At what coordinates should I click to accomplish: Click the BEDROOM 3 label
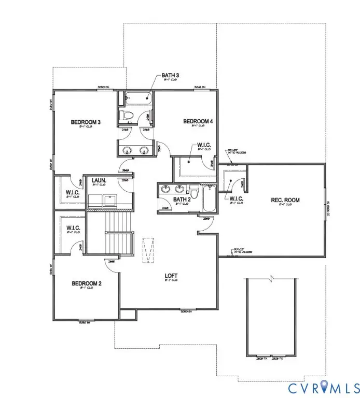pyautogui.click(x=86, y=122)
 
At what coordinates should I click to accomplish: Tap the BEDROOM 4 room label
pyautogui.click(x=198, y=121)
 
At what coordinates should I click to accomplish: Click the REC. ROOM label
pyautogui.click(x=285, y=200)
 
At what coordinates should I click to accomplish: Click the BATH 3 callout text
pyautogui.click(x=171, y=76)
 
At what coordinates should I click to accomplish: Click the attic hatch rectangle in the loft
pyautogui.click(x=148, y=250)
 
